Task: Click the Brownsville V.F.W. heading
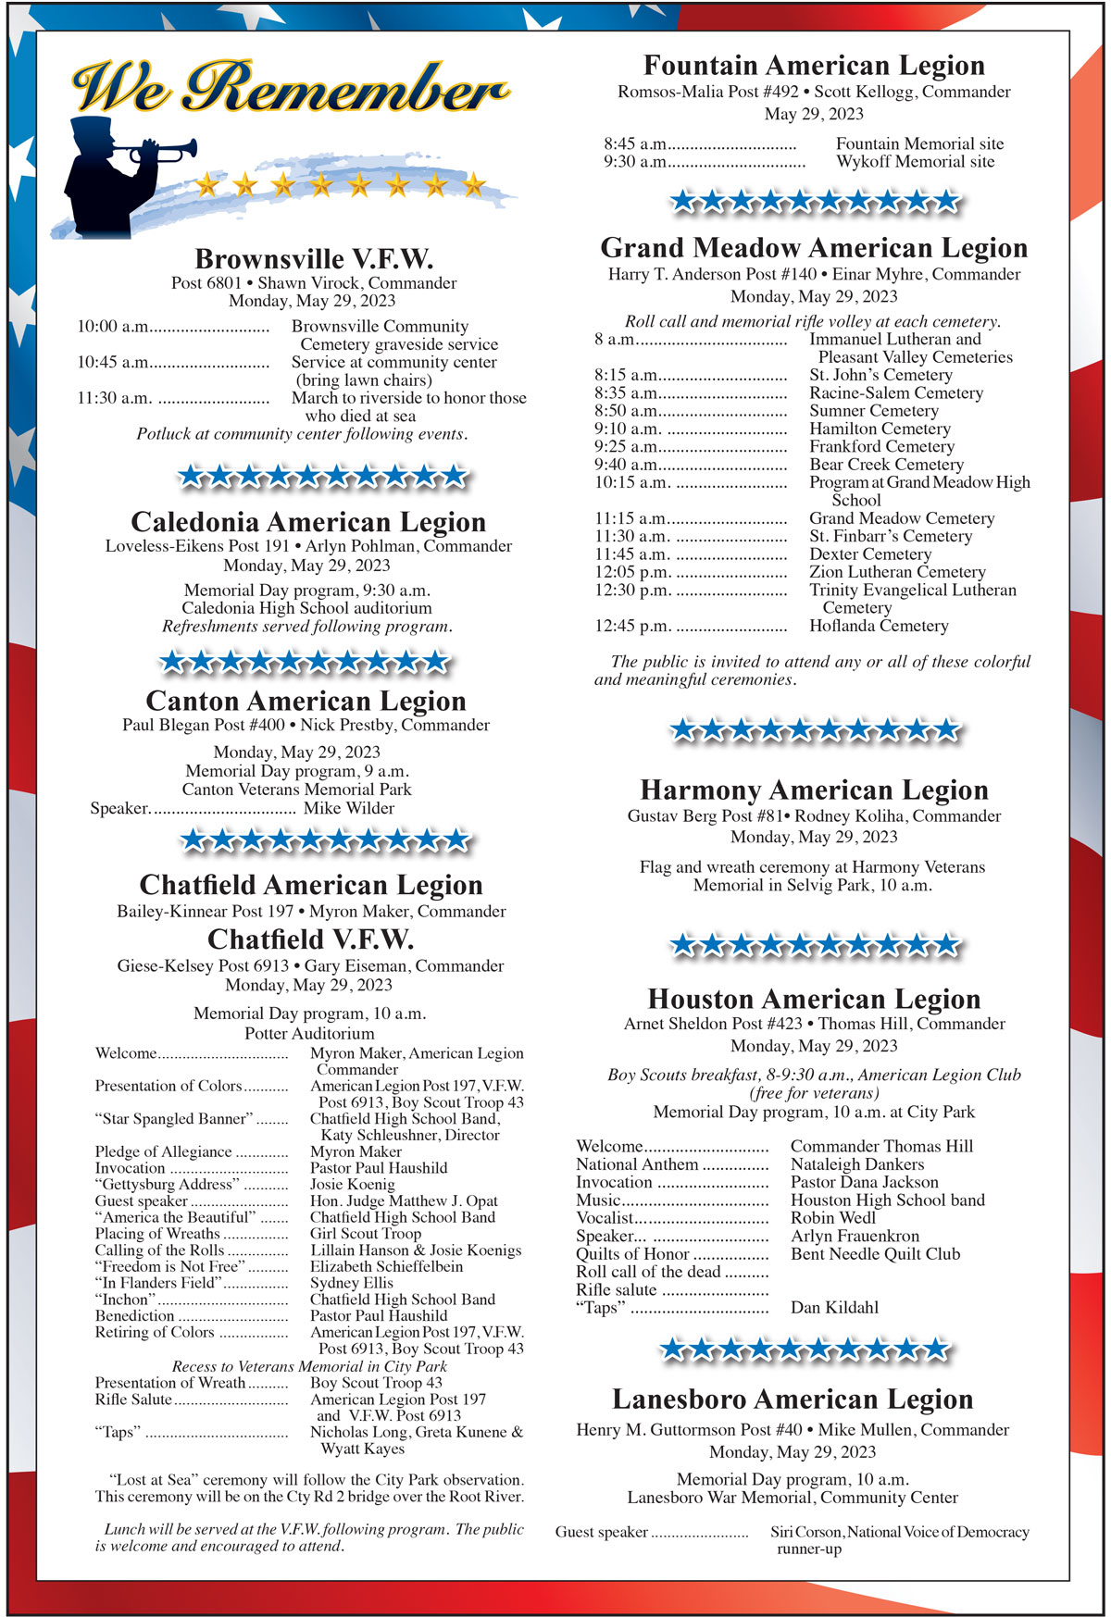(314, 258)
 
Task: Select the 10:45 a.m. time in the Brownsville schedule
(113, 362)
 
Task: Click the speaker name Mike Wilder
(349, 808)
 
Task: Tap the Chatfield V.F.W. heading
(310, 939)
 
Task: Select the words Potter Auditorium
(309, 1033)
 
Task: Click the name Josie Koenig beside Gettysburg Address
(352, 1185)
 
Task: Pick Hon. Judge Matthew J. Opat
(404, 1201)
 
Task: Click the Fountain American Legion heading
(814, 66)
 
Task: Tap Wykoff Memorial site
(915, 162)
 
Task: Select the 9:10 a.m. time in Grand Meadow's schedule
(628, 429)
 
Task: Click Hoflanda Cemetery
(879, 626)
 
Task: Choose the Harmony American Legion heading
(814, 790)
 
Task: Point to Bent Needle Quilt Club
(875, 1254)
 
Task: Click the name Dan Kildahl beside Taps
(834, 1308)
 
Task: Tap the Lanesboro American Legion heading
(793, 1399)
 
